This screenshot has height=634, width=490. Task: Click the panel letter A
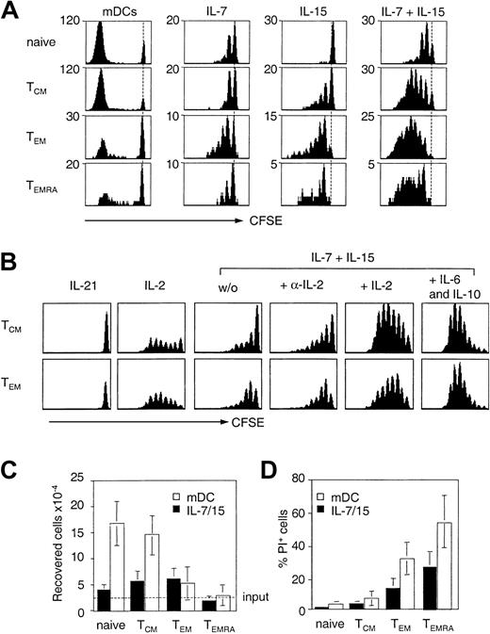(x=12, y=11)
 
